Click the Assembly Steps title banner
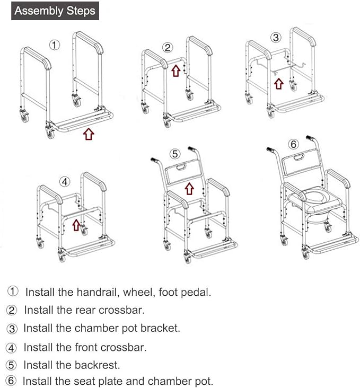tap(55, 11)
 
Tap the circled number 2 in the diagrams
tap(168, 48)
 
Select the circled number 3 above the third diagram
tap(275, 37)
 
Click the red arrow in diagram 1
tap(89, 134)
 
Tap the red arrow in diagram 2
tap(176, 70)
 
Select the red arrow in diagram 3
tap(278, 83)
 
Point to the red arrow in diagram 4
tap(76, 225)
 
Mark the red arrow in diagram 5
tap(189, 188)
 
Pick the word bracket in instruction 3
tap(160, 328)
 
